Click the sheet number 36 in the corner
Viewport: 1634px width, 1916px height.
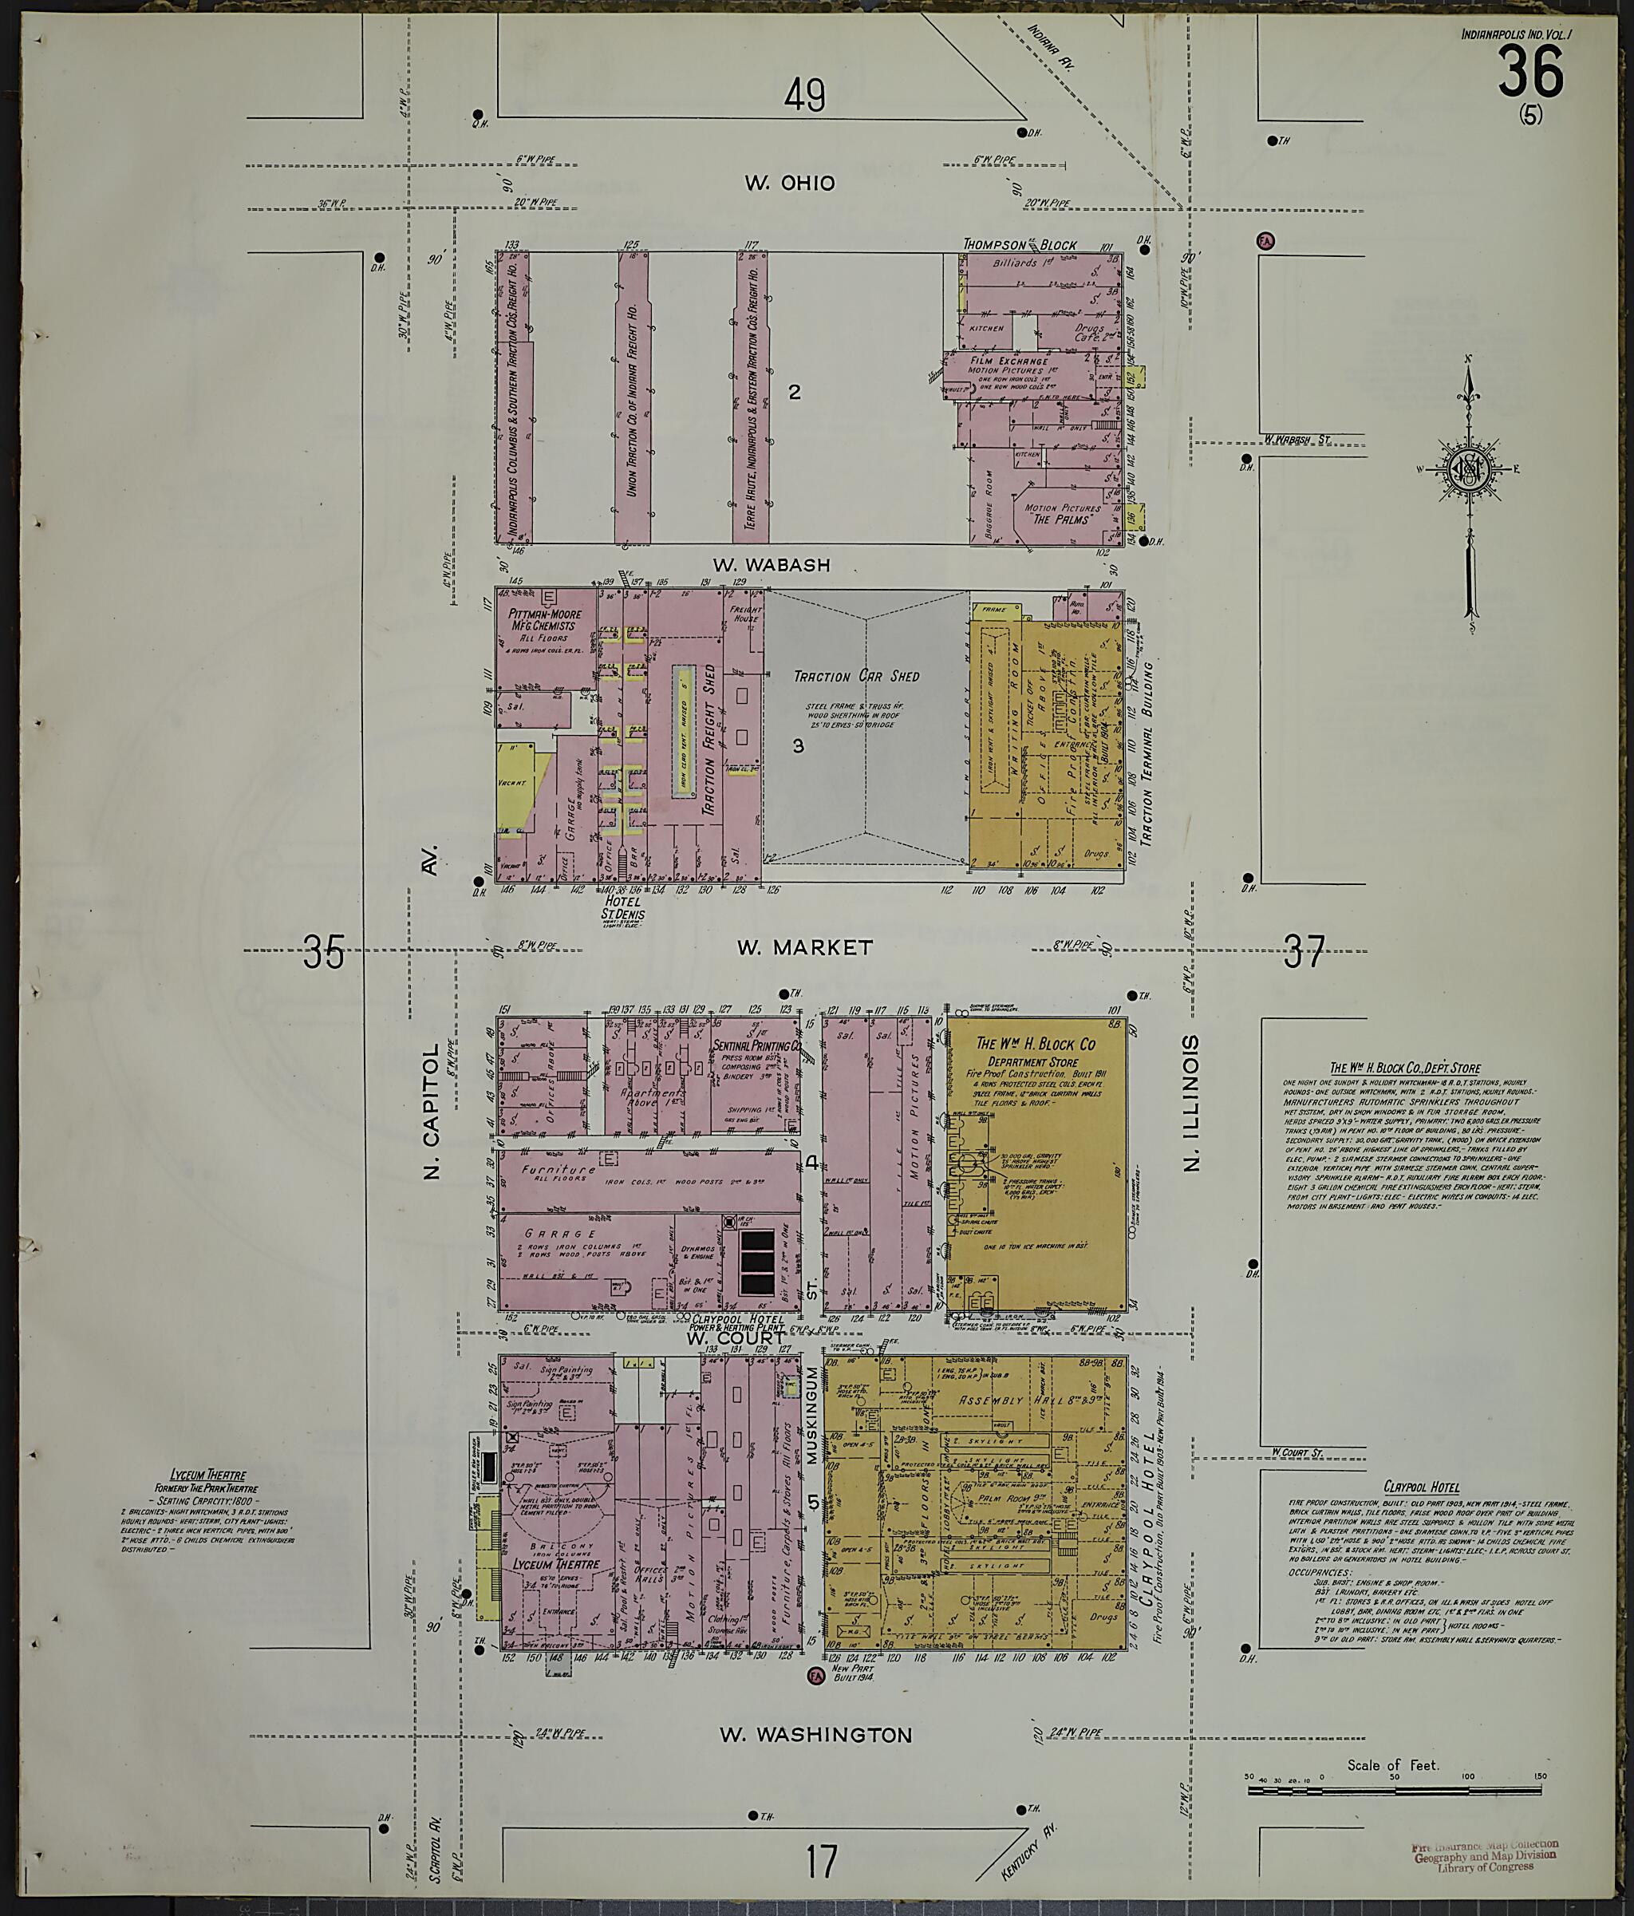[x=1530, y=72]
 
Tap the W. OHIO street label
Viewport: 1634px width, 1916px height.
[x=790, y=183]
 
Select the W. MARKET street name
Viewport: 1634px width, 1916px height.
[x=804, y=947]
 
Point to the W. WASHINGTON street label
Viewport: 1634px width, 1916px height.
[x=815, y=1735]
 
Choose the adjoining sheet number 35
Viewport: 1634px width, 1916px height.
[x=324, y=951]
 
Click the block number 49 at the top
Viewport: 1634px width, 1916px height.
[x=804, y=95]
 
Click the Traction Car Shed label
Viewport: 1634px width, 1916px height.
[x=856, y=676]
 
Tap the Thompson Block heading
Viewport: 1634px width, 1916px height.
[x=1020, y=245]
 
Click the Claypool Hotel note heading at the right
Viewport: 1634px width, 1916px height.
[x=1421, y=1487]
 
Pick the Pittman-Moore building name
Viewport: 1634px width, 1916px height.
[x=541, y=618]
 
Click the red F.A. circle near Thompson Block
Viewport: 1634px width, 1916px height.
[x=1265, y=240]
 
